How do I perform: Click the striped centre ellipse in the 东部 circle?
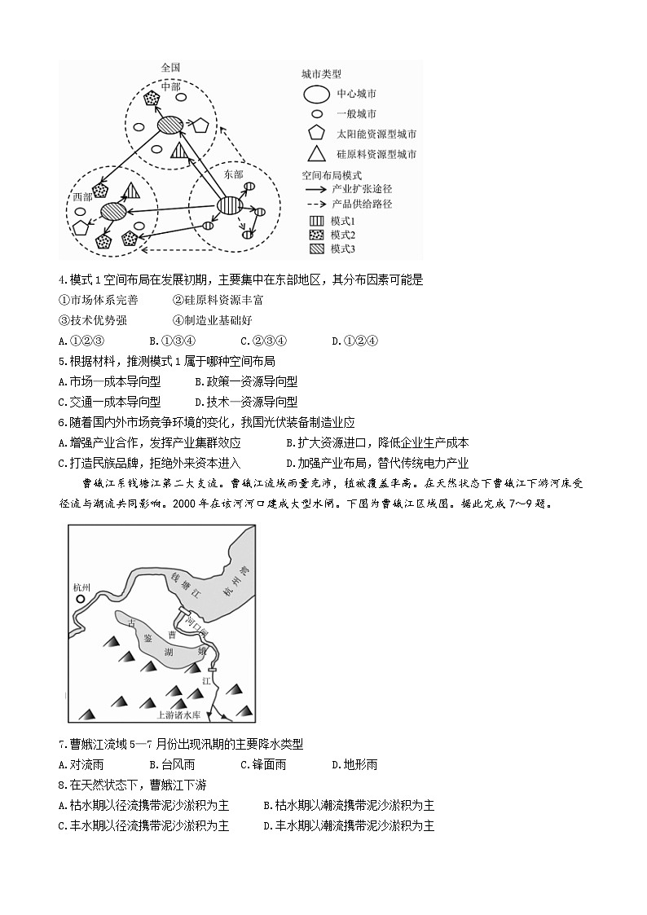click(x=229, y=207)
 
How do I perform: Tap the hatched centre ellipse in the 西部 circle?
click(x=113, y=212)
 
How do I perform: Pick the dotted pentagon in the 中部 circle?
click(x=151, y=99)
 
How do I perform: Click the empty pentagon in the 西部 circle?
click(x=80, y=228)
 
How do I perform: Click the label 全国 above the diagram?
click(x=170, y=68)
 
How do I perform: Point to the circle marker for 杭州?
click(x=81, y=600)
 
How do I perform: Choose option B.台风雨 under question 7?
click(x=172, y=764)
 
